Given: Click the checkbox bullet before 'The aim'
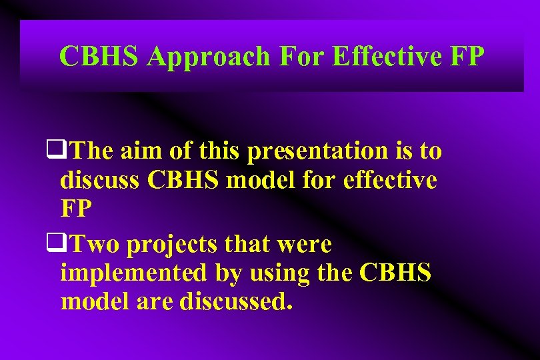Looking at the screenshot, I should (x=53, y=151).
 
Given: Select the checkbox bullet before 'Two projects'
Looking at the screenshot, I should (x=53, y=245).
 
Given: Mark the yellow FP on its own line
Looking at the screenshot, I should (x=77, y=208).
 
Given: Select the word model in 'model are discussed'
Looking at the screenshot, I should (x=92, y=301).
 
